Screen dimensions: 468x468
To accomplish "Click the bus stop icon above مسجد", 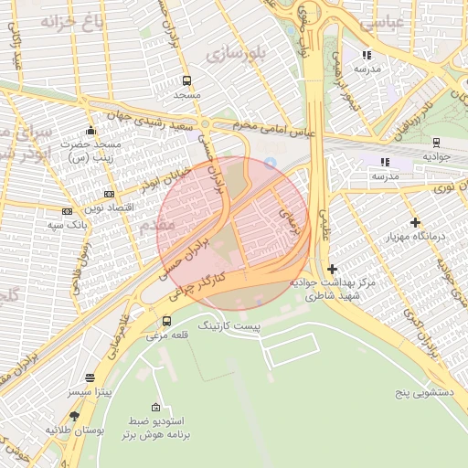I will pos(186,80).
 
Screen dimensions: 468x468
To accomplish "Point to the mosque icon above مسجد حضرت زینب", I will pos(90,131).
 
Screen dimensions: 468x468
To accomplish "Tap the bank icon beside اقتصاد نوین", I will pos(110,194).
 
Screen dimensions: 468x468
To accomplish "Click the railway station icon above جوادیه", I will pos(436,143).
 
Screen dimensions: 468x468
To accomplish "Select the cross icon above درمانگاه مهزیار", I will pos(416,222).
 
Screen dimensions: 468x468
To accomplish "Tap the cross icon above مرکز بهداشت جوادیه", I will pos(332,269).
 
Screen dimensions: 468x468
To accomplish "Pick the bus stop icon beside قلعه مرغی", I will pos(166,321).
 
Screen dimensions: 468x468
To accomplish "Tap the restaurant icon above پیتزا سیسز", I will pos(90,378).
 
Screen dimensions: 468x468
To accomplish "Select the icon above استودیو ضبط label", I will pos(155,407).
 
